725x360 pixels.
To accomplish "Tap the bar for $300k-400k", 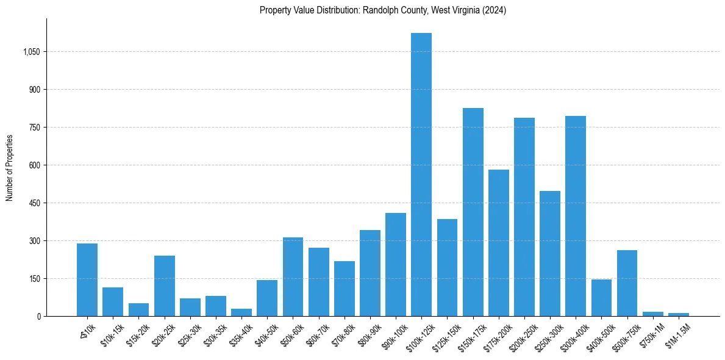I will pos(576,216).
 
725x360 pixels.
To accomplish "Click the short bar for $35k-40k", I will pos(241,312).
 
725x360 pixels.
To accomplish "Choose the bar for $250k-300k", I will pos(550,253).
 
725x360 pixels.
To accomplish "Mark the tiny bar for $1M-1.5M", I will pos(679,314).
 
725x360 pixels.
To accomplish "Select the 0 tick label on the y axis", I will pos(38,316).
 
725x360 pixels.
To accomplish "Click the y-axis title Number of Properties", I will pos(10,167).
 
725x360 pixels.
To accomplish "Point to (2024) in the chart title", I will pos(495,10).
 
